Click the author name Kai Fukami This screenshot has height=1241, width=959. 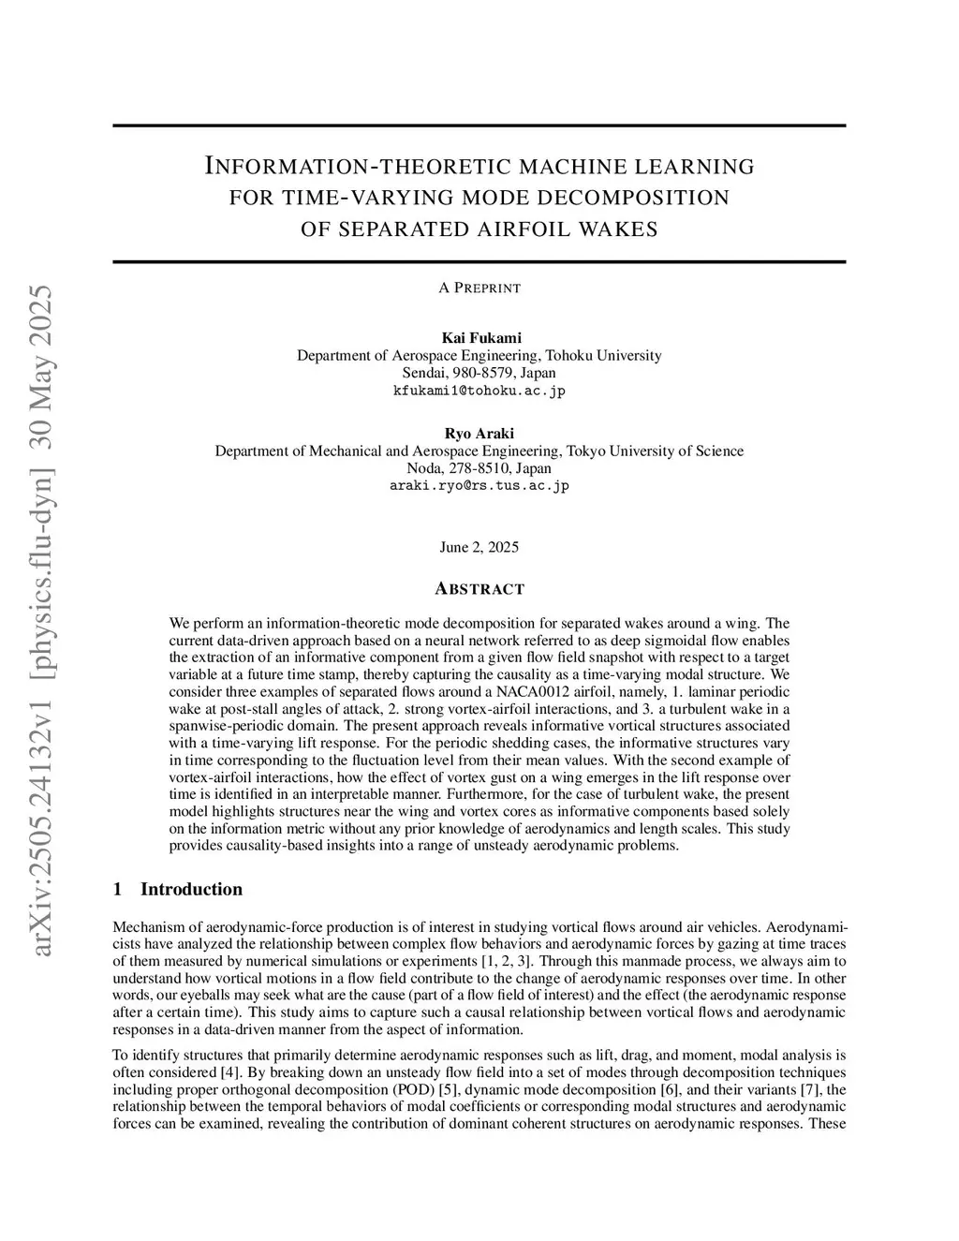coord(479,338)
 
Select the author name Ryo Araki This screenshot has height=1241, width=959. coord(479,433)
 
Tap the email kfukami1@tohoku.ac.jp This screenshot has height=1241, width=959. coord(479,391)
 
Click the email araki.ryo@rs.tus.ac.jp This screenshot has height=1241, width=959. coord(479,486)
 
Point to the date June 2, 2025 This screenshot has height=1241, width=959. coord(479,547)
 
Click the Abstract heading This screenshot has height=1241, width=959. coord(479,589)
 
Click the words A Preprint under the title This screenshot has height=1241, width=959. coord(479,288)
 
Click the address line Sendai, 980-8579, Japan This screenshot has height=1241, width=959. coord(479,373)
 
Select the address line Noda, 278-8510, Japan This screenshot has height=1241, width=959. coord(479,468)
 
